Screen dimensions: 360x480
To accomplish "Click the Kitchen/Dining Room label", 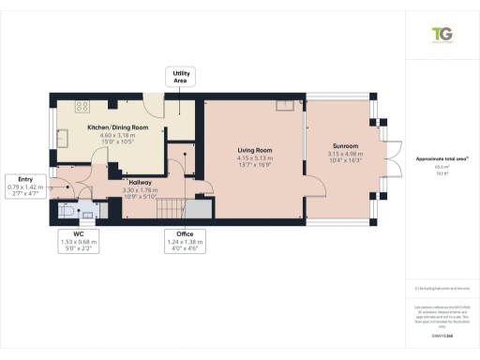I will pos(118,127).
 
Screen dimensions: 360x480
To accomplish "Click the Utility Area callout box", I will pos(180,77).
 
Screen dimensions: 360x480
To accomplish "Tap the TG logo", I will pos(441,34).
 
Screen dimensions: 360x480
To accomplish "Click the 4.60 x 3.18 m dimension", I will pos(118,134).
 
